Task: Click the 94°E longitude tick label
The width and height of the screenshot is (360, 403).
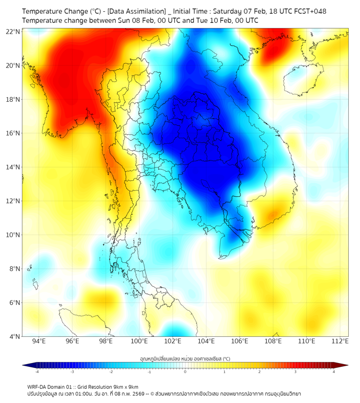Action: tap(39, 341)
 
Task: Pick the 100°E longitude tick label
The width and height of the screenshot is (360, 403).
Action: tap(139, 341)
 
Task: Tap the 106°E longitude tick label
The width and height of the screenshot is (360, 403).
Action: tap(240, 341)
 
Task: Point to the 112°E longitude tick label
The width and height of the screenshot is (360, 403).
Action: tap(340, 341)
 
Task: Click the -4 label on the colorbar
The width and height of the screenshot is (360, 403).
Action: tap(37, 371)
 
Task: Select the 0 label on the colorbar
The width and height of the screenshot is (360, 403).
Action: tap(185, 371)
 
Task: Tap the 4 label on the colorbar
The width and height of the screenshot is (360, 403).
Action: tap(333, 371)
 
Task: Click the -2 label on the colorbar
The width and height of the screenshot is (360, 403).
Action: tap(111, 371)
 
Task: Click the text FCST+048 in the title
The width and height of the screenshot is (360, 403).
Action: tap(309, 11)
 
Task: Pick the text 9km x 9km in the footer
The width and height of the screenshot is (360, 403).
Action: tap(126, 386)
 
